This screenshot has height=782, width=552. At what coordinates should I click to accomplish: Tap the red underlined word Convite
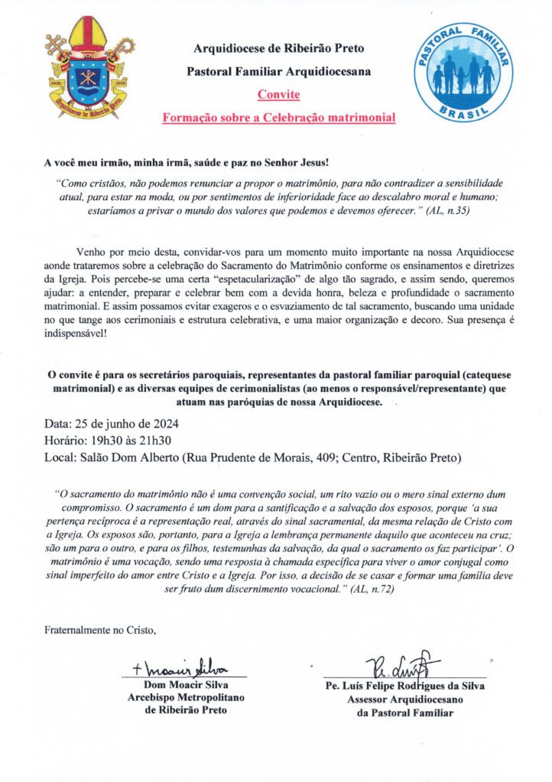click(x=278, y=95)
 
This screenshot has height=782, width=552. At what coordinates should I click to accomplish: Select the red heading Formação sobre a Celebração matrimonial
click(x=278, y=118)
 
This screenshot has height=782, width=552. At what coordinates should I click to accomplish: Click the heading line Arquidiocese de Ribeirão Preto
click(x=278, y=50)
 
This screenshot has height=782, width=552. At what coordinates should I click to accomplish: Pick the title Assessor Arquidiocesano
click(x=404, y=699)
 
